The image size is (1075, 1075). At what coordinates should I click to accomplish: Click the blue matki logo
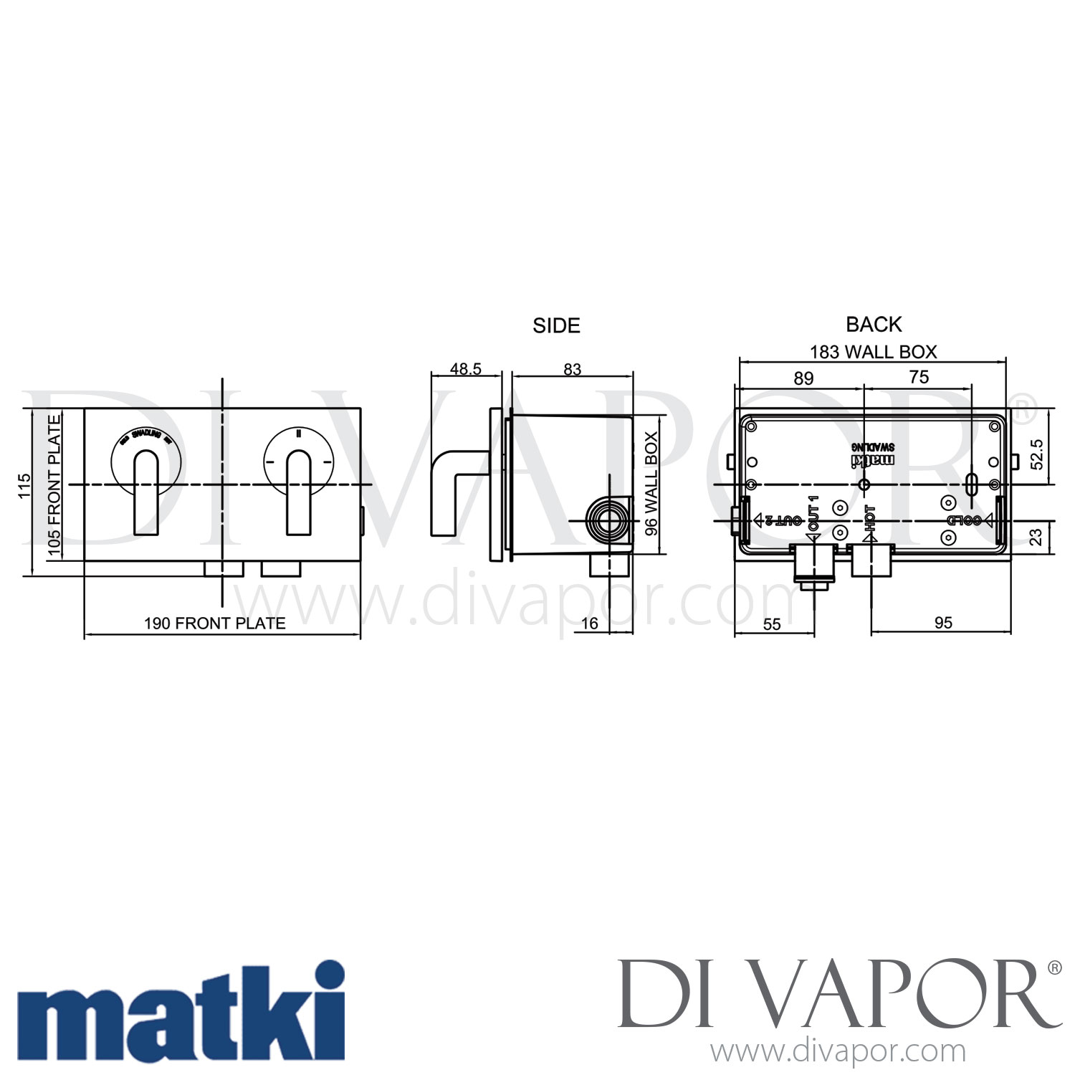(181, 1010)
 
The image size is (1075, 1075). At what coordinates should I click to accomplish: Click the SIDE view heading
(556, 325)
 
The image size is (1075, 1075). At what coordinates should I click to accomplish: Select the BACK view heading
(874, 325)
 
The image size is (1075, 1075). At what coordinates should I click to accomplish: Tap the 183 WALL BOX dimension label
(873, 352)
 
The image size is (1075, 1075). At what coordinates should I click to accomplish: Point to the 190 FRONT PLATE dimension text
(215, 623)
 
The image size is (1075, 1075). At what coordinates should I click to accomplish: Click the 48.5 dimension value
(466, 369)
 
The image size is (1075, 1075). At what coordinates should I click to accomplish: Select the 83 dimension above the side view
(572, 369)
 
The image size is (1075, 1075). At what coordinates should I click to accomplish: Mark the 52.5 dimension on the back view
(1037, 454)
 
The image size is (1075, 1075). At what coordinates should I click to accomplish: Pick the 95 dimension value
(943, 623)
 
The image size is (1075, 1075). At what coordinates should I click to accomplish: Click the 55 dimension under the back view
(772, 623)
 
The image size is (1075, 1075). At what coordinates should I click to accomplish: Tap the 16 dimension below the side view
(589, 623)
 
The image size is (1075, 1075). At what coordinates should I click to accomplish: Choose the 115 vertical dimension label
(25, 486)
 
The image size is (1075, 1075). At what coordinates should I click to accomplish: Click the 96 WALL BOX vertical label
(651, 484)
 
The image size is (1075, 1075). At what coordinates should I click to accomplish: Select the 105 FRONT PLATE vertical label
(54, 485)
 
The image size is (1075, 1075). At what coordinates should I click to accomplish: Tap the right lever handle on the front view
(299, 492)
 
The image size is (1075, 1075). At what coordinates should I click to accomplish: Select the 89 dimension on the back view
(803, 378)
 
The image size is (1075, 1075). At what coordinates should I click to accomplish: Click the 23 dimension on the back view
(1037, 537)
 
